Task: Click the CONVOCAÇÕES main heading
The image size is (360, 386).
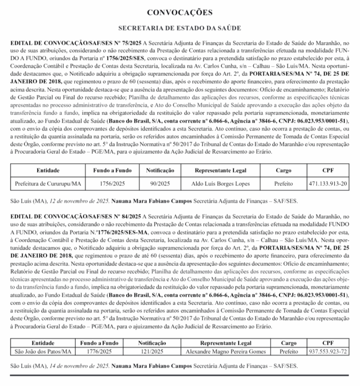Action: point(180,12)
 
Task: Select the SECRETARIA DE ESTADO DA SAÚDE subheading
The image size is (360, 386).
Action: point(180,28)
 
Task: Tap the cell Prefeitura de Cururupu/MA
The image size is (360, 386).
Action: point(48,184)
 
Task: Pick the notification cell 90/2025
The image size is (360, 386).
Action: point(160,184)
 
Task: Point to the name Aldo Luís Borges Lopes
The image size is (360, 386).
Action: point(221,184)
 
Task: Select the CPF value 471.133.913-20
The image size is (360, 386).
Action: point(328,184)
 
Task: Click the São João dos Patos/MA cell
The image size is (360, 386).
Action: point(43,351)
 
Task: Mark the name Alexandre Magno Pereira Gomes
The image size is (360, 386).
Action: point(226,351)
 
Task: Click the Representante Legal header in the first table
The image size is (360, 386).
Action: point(221,170)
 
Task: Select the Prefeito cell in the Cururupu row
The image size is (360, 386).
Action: point(283,184)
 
